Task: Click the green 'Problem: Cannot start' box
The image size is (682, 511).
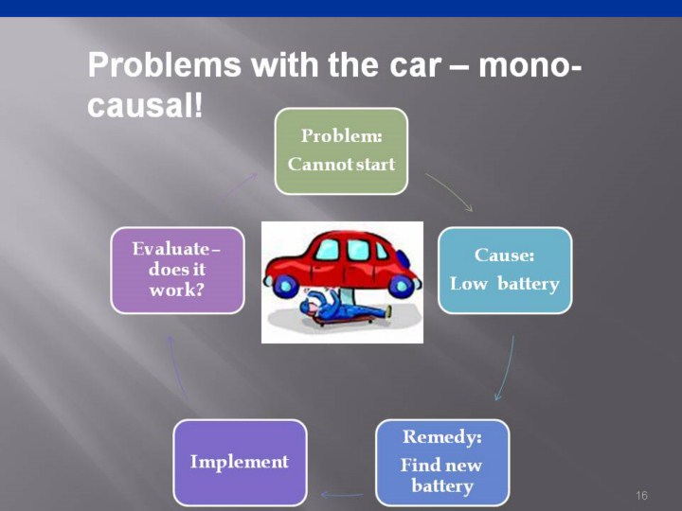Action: (341, 150)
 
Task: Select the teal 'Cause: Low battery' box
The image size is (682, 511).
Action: (505, 270)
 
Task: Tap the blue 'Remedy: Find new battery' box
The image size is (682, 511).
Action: (442, 462)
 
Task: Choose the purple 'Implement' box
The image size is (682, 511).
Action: (240, 462)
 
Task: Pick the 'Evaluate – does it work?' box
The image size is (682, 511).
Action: (177, 270)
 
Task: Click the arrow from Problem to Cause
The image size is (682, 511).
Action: (449, 190)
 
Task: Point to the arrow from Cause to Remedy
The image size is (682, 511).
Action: (506, 369)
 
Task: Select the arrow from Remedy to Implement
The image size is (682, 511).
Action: (342, 494)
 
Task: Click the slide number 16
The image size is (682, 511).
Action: (641, 496)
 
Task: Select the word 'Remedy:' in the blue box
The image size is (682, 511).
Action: (442, 437)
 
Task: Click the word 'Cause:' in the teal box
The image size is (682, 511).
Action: (505, 255)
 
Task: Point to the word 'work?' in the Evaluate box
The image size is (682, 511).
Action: (176, 290)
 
